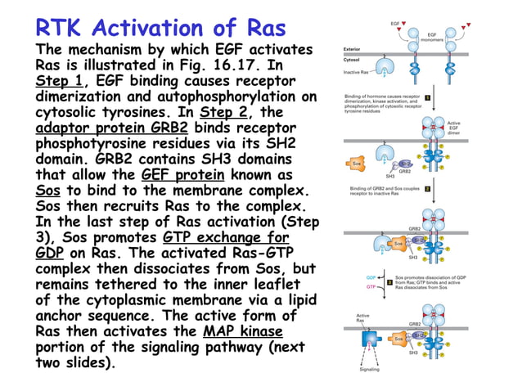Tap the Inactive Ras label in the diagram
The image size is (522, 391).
tap(357, 72)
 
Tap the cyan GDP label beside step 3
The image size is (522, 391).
tap(371, 277)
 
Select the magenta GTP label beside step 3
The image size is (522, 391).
tap(371, 287)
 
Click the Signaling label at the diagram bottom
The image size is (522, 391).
tap(369, 369)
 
